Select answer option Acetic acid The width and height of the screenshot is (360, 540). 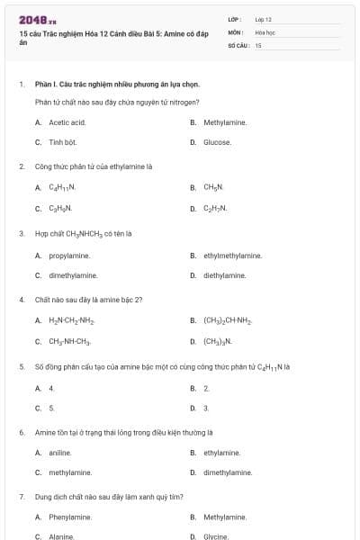(67, 122)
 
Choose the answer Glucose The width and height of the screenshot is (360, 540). (217, 142)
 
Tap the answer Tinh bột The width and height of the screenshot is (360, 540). (62, 142)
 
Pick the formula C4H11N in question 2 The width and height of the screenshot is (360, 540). (62, 188)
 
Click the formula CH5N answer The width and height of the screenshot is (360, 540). (212, 188)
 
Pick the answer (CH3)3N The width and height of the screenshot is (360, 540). (218, 341)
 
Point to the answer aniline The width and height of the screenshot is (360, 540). (60, 453)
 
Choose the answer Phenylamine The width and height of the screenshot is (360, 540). (69, 517)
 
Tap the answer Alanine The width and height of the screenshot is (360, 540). (61, 537)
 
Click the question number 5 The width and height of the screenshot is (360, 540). (22, 366)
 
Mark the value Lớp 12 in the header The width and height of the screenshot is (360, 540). (263, 19)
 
